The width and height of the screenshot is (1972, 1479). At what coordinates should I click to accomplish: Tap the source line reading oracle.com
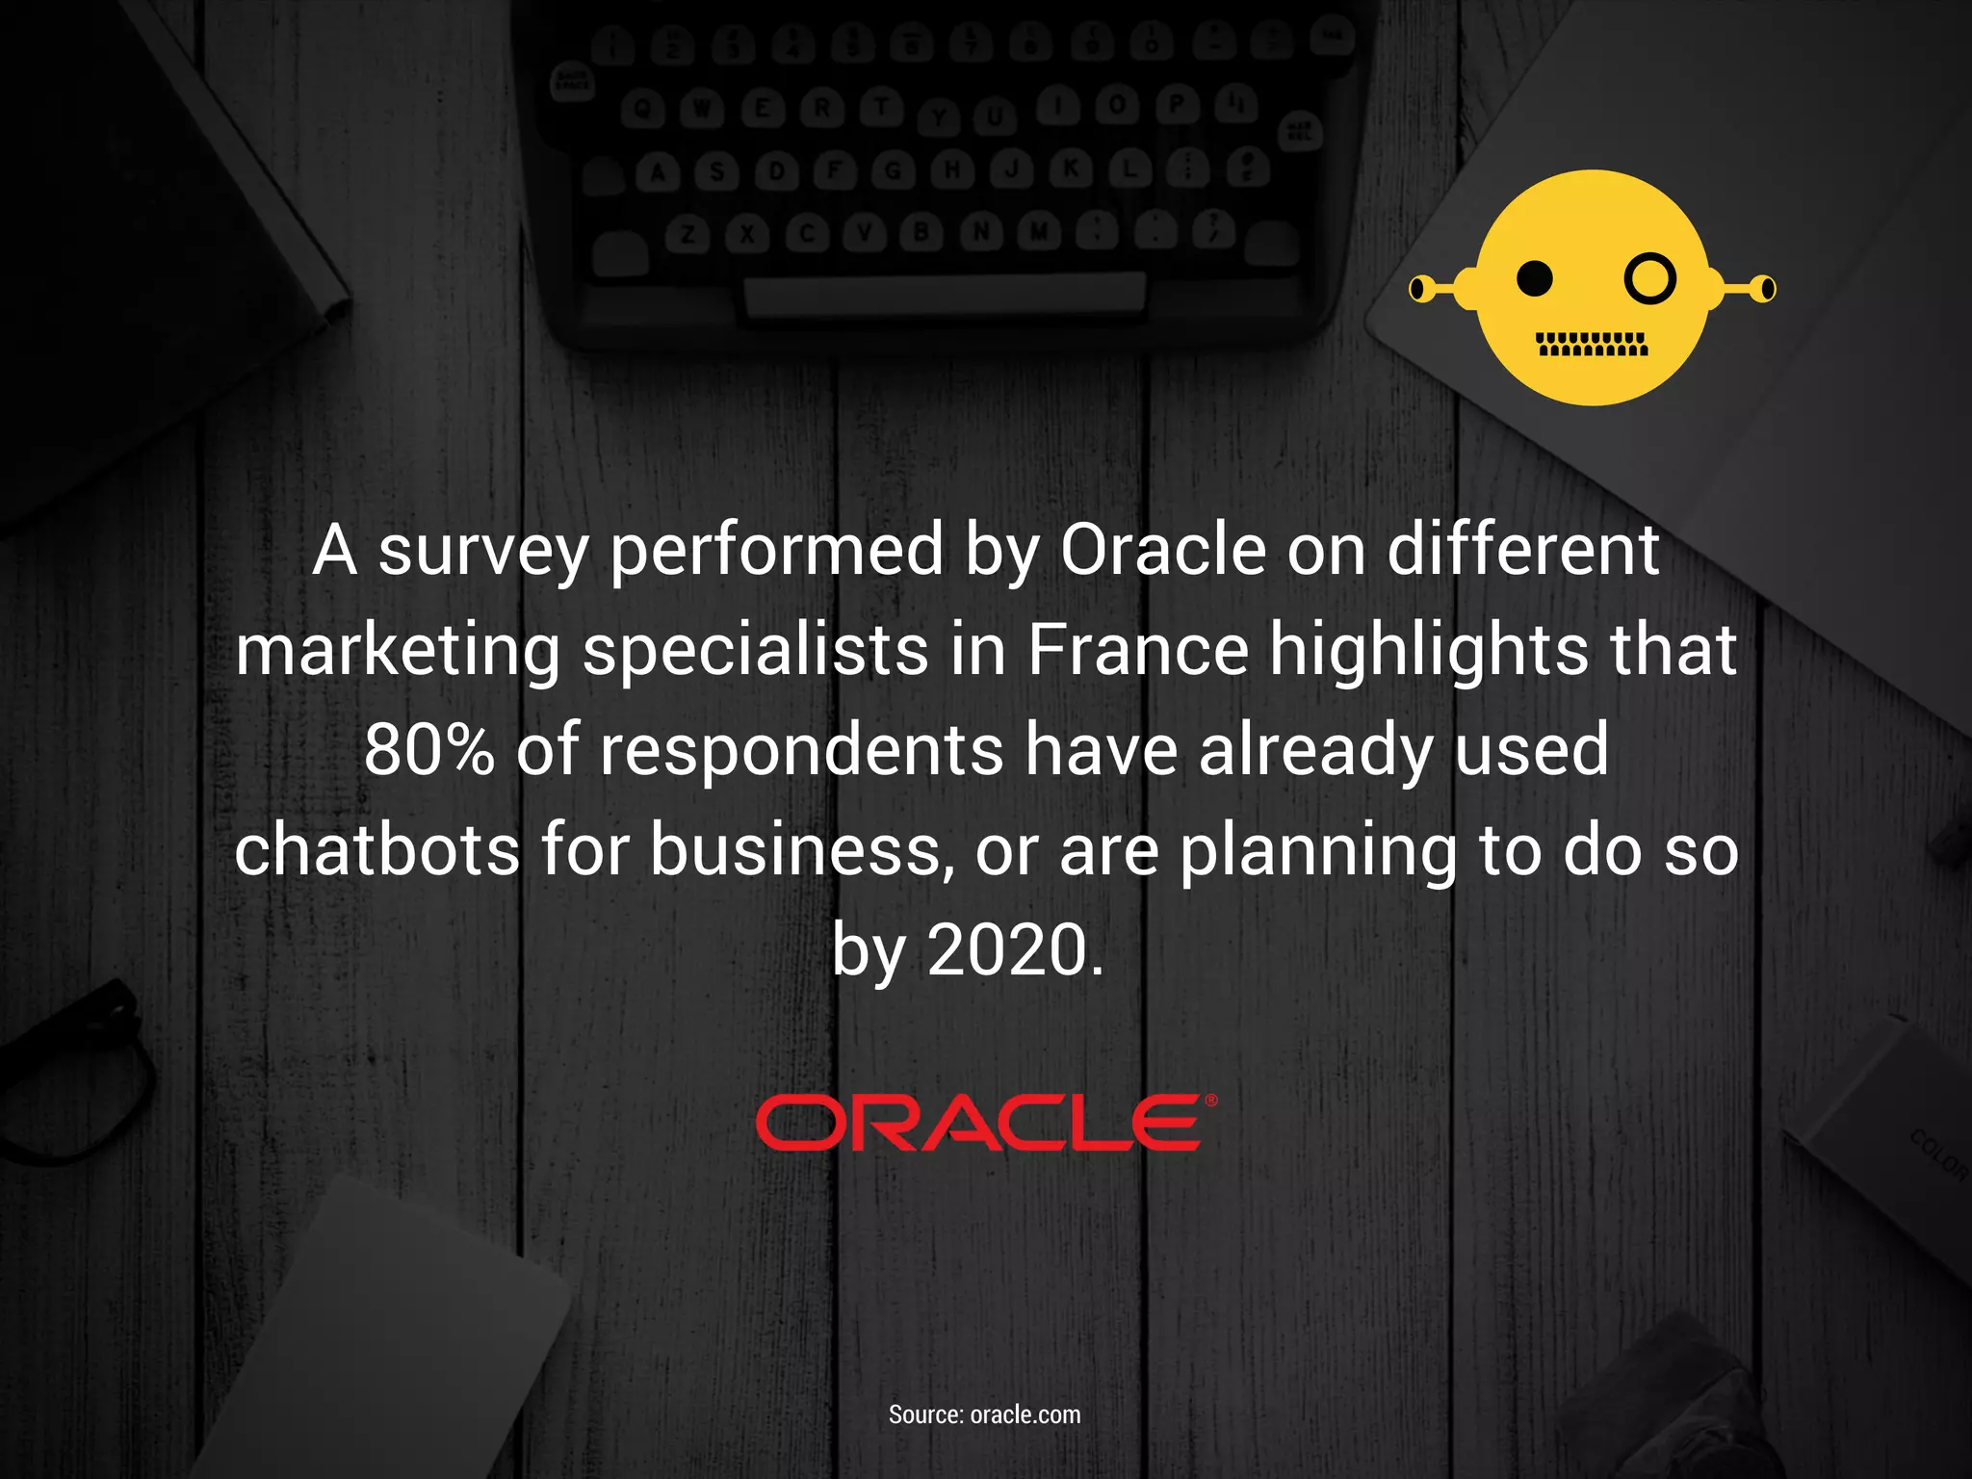pyautogui.click(x=984, y=1414)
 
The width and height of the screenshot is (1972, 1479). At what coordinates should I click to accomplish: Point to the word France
pyautogui.click(x=1137, y=650)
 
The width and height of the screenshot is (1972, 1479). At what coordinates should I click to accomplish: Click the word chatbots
pyautogui.click(x=376, y=850)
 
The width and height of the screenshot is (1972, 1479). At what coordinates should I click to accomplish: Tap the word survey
pyautogui.click(x=482, y=552)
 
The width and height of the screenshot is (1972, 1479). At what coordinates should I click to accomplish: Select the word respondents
pyautogui.click(x=802, y=750)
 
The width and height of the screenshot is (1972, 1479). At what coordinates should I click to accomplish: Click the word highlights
pyautogui.click(x=1429, y=650)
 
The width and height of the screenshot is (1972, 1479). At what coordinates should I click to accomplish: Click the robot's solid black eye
pyautogui.click(x=1535, y=279)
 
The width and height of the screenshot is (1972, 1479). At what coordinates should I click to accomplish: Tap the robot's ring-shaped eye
pyautogui.click(x=1650, y=279)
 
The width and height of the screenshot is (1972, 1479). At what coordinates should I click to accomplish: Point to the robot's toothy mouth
pyautogui.click(x=1593, y=344)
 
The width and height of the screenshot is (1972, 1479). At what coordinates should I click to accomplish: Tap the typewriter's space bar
pyautogui.click(x=944, y=293)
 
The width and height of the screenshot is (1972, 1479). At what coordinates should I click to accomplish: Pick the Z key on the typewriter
pyautogui.click(x=688, y=235)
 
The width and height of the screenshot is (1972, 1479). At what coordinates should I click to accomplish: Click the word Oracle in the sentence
pyautogui.click(x=1163, y=552)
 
